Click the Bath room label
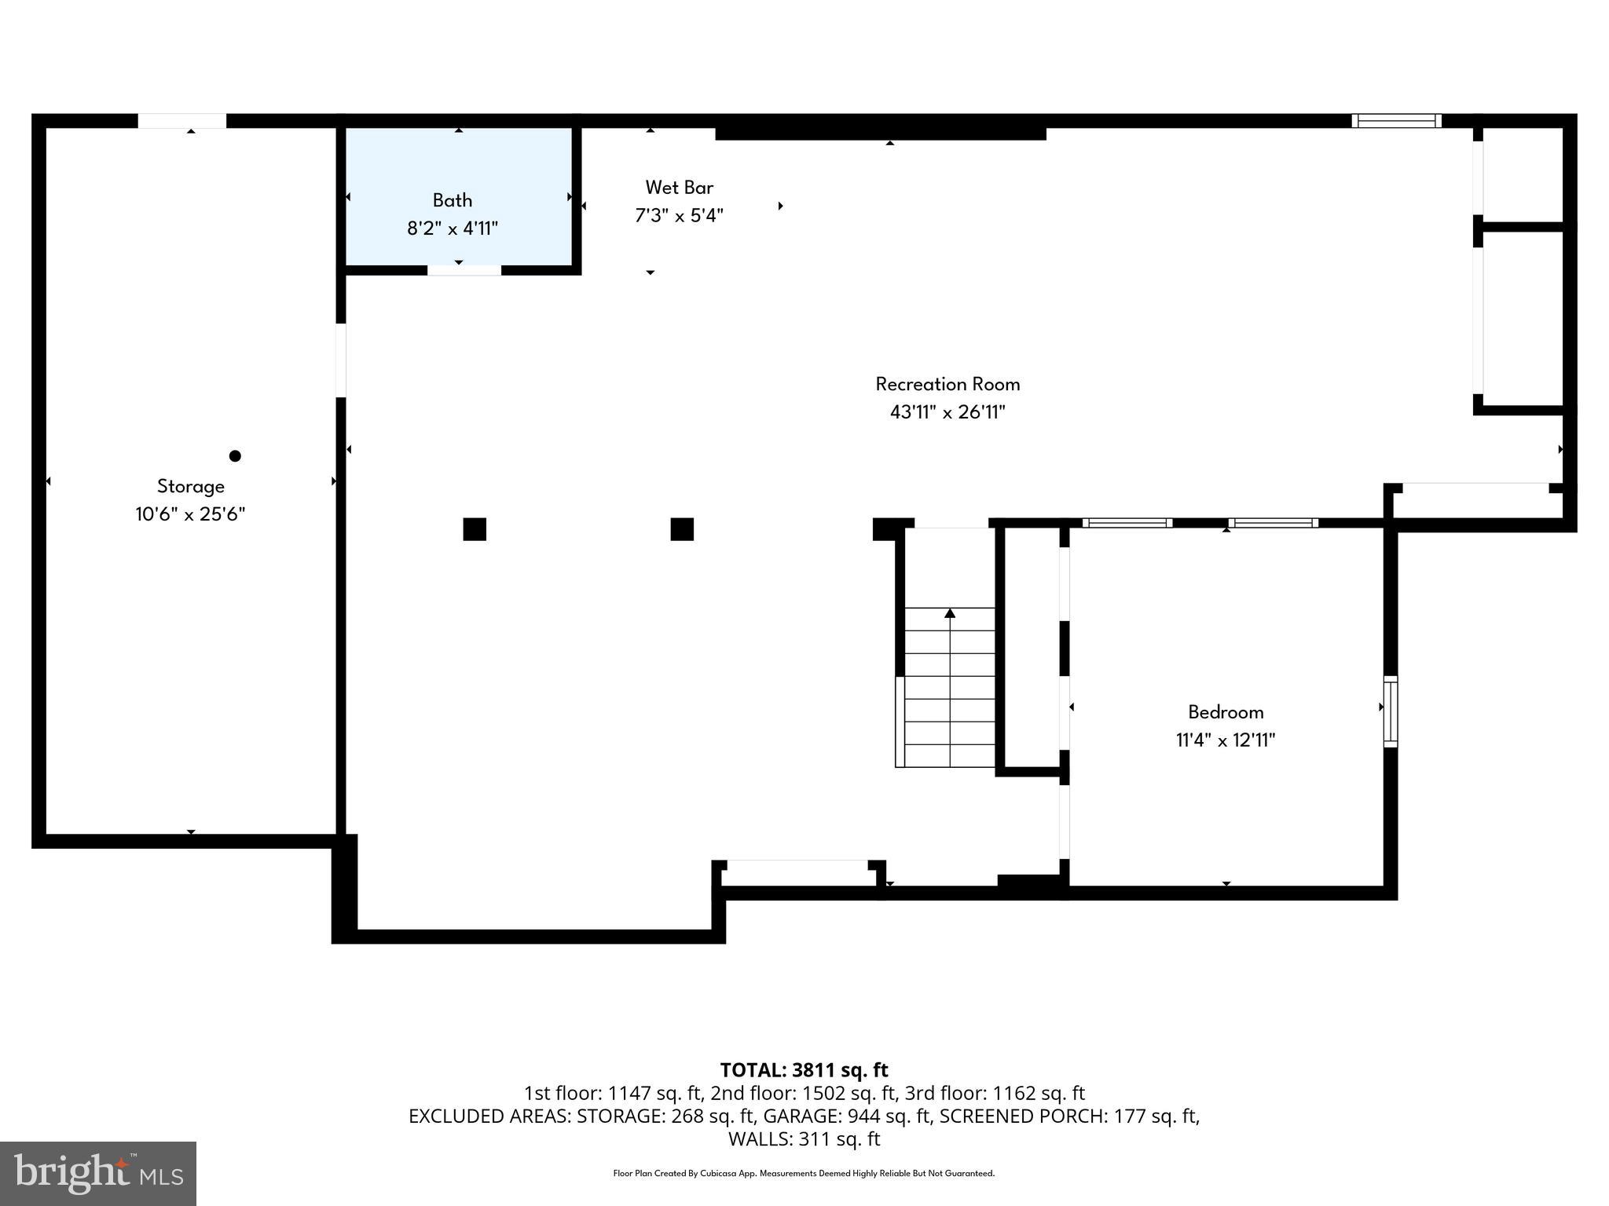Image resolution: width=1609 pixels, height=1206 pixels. pyautogui.click(x=452, y=200)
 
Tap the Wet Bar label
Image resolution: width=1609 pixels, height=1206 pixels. pyautogui.click(x=679, y=188)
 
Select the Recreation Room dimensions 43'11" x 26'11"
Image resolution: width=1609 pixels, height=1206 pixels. pyautogui.click(x=947, y=412)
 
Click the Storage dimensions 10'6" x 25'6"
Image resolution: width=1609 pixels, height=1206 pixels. pyautogui.click(x=190, y=514)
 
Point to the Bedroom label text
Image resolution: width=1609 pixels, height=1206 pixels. pyautogui.click(x=1225, y=712)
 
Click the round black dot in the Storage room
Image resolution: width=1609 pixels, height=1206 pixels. pyautogui.click(x=235, y=456)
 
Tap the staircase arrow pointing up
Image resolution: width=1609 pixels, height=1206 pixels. pyautogui.click(x=950, y=613)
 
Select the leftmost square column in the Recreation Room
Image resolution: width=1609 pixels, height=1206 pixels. pyautogui.click(x=475, y=529)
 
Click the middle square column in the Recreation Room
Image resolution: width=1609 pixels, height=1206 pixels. pyautogui.click(x=682, y=529)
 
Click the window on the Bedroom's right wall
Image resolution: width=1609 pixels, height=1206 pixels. pyautogui.click(x=1390, y=711)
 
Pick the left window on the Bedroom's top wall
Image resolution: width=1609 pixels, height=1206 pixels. pyautogui.click(x=1127, y=523)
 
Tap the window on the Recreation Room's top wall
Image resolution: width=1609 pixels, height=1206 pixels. pyautogui.click(x=1396, y=121)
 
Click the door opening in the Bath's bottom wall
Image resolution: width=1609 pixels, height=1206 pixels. pyautogui.click(x=464, y=271)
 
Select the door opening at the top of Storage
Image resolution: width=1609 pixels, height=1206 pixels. pyautogui.click(x=182, y=121)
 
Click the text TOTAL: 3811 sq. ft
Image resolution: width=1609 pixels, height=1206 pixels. pyautogui.click(x=804, y=1070)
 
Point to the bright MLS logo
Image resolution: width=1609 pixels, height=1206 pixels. pyautogui.click(x=98, y=1173)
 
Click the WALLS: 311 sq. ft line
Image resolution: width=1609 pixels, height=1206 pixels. pyautogui.click(x=804, y=1139)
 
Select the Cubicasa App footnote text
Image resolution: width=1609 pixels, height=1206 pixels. pyautogui.click(x=804, y=1174)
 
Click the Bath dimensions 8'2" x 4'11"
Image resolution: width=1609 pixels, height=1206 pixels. pyautogui.click(x=452, y=228)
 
